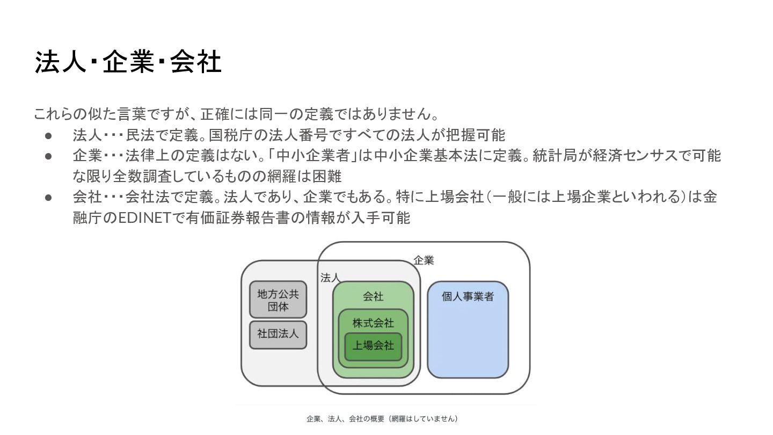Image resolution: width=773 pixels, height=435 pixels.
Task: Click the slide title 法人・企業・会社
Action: (x=128, y=63)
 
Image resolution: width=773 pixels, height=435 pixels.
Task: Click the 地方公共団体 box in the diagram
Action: (x=278, y=300)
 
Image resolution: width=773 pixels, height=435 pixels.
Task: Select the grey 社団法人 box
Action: (x=278, y=334)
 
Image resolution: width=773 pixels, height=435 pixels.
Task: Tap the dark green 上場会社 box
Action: (x=373, y=346)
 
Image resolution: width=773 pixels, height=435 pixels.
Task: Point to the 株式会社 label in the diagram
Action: (x=373, y=323)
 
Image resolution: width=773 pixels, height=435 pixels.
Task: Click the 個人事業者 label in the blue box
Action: (x=468, y=296)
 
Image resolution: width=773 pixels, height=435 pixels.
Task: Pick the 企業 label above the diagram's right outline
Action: (x=424, y=260)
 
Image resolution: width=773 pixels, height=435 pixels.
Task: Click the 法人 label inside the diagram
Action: (x=330, y=278)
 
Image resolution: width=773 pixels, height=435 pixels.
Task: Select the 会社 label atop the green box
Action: (x=373, y=296)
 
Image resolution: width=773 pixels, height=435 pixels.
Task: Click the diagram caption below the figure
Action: (x=382, y=418)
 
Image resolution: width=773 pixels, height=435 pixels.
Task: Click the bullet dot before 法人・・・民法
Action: (x=48, y=135)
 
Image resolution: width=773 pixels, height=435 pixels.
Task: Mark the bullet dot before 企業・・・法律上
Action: (x=48, y=156)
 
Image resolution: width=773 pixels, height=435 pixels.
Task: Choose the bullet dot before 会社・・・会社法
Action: (x=48, y=198)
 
